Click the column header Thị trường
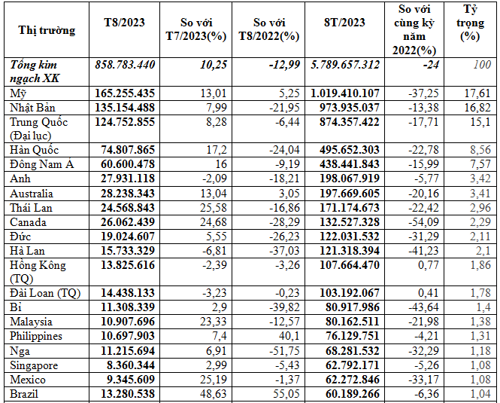pos(46,31)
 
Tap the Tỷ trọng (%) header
pos(472,22)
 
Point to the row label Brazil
pos(25,394)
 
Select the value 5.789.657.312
pos(344,65)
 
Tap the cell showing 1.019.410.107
pos(344,93)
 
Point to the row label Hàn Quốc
pos(35,150)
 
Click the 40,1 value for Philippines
pos(279,336)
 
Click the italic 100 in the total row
pos(481,65)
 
